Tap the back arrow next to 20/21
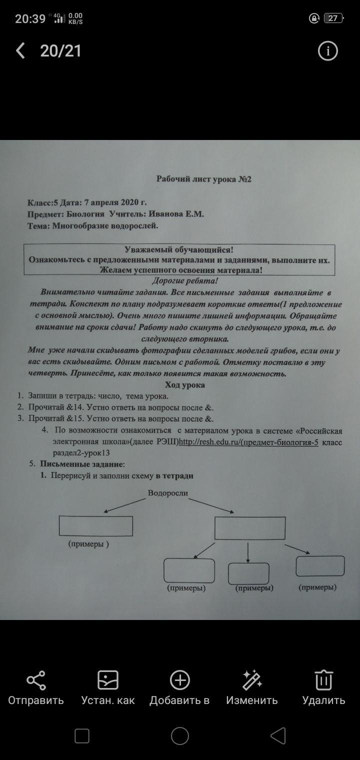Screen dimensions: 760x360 coord(20,50)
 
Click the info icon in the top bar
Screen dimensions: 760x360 coord(328,51)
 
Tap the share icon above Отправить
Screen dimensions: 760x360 coord(36,680)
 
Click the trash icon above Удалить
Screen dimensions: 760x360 coord(323,680)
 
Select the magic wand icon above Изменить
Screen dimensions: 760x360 coord(252,680)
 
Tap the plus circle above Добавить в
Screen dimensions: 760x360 coord(179,680)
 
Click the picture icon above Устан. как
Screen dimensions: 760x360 coord(108,680)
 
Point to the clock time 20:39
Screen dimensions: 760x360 coord(30,19)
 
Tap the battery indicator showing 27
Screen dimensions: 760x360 coord(333,18)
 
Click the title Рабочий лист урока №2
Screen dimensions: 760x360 coord(204,179)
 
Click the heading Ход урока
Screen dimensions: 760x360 coord(185,385)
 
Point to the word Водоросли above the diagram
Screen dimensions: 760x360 coord(168,493)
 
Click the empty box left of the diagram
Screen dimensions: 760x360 coord(95,526)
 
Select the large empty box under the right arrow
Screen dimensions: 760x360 coord(250,528)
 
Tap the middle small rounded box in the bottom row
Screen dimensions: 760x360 coord(248,573)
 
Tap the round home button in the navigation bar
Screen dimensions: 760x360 coord(180,736)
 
